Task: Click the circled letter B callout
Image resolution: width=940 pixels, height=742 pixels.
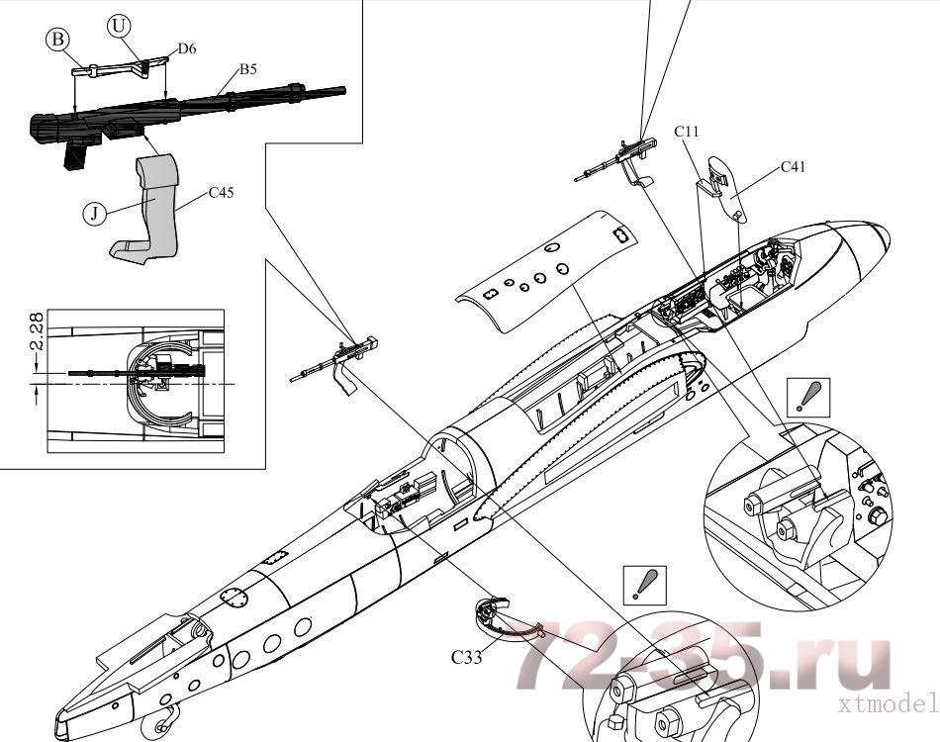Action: tap(58, 40)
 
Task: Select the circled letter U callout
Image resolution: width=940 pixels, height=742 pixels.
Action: tap(120, 27)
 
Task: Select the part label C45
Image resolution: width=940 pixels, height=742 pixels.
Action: tap(221, 193)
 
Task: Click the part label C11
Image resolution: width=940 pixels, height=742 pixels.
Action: tap(688, 132)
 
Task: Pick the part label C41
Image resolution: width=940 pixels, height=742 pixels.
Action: tap(794, 166)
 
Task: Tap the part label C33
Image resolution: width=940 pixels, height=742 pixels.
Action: tap(466, 656)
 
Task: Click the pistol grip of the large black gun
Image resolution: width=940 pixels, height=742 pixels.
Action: tap(78, 155)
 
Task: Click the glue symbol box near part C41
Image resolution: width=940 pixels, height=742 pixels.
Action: tap(808, 395)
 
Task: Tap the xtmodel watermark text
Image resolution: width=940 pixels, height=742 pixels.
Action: tap(887, 703)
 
